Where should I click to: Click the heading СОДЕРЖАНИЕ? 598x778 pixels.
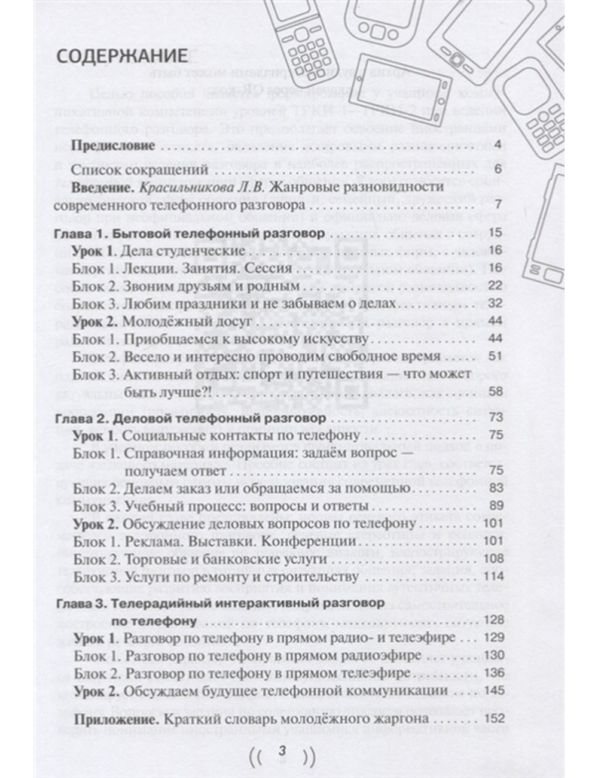pos(122,56)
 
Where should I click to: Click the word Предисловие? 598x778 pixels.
pos(113,145)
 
